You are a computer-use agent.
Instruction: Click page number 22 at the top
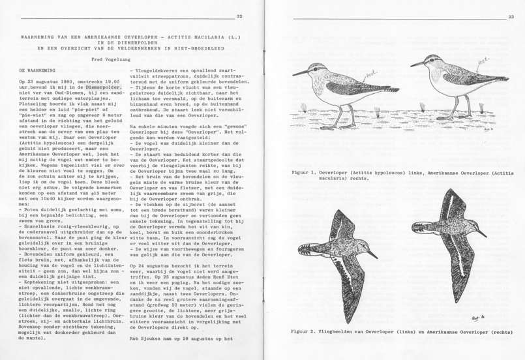(239, 16)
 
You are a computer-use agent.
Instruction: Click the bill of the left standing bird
(301, 74)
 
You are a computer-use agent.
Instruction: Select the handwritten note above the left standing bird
(352, 76)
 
